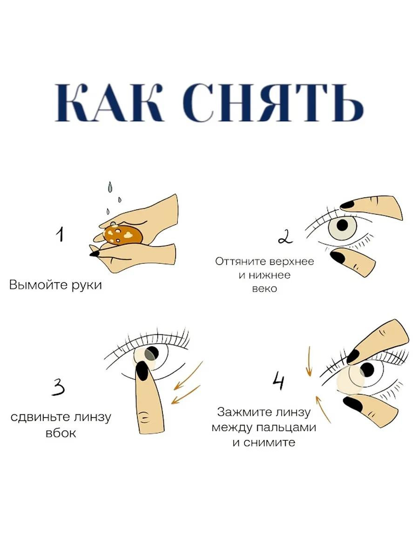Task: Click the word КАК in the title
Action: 109,102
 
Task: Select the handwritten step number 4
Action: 278,382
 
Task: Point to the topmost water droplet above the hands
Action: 110,187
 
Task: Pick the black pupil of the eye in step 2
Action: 342,225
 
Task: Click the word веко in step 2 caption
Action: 264,289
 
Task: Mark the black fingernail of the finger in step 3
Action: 142,371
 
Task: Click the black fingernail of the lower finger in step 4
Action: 352,404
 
